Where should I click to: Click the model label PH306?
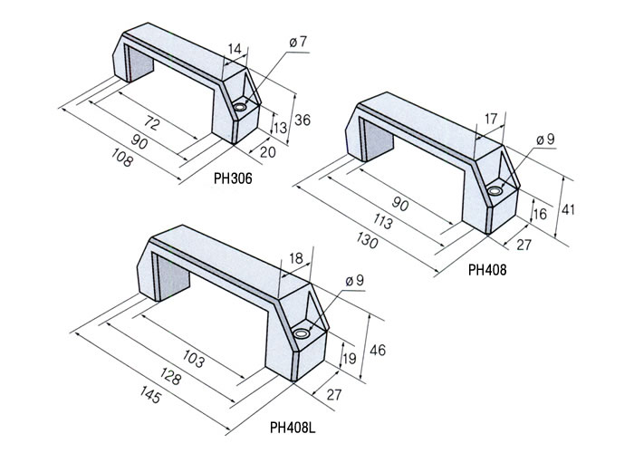coord(233,178)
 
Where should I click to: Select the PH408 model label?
coord(487,270)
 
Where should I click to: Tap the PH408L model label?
coord(293,428)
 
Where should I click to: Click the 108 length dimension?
coord(121,158)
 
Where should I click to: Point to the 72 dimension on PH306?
coord(151,122)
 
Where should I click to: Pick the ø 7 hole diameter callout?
coord(298,42)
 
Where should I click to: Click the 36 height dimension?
coord(303,120)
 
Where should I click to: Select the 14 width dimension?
coord(235,49)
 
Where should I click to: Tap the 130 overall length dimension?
coord(368,241)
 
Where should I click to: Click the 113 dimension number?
coord(382,222)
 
